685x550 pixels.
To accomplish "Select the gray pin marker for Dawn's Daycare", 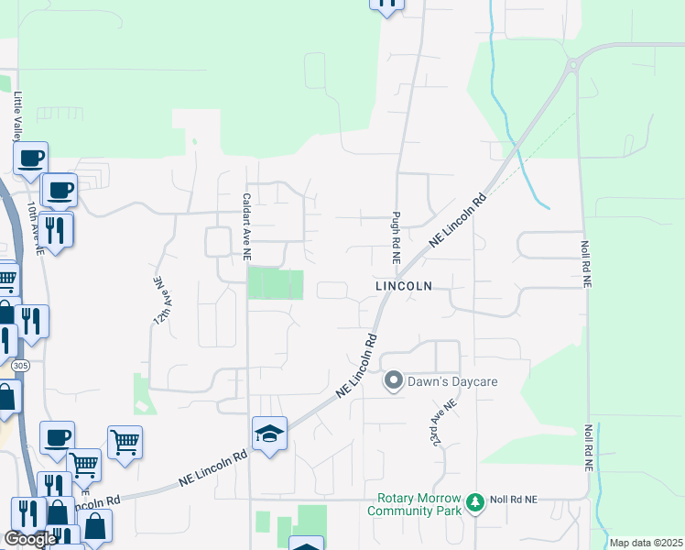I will click(x=394, y=379).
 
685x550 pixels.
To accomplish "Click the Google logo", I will click(x=31, y=540).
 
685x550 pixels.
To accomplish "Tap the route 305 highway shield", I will click(x=19, y=365).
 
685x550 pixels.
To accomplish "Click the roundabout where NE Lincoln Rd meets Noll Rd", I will click(x=575, y=63).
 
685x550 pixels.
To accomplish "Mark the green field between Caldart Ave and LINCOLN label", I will click(x=276, y=283).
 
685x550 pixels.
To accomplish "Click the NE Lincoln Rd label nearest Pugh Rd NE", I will click(x=456, y=220).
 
